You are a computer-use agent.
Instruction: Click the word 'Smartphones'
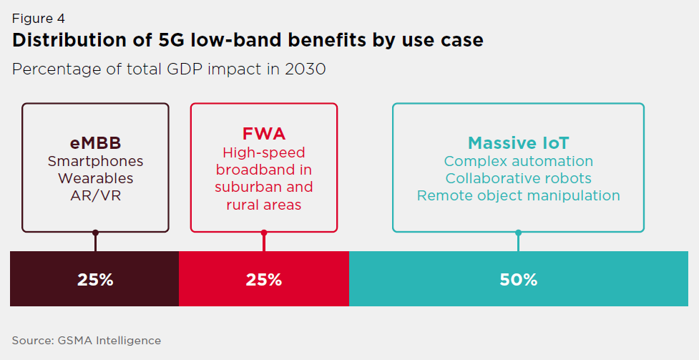(x=95, y=161)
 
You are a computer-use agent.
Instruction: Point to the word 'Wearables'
(x=95, y=177)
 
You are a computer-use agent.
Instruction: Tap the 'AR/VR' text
(x=95, y=195)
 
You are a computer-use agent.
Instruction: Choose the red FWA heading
(x=263, y=135)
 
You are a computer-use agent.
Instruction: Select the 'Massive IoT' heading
(x=518, y=142)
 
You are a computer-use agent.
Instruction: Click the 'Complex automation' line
(x=518, y=161)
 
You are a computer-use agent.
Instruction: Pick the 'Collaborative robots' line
(x=518, y=178)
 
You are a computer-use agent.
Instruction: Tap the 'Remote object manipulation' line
(x=518, y=195)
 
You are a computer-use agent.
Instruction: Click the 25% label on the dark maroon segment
(x=95, y=280)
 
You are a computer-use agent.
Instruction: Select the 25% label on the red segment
(x=263, y=280)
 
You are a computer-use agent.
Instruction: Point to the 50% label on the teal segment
(x=518, y=280)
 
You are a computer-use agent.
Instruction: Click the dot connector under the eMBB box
(x=95, y=233)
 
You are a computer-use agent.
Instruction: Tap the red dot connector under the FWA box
(x=264, y=233)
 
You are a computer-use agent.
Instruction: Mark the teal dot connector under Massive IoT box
(x=518, y=233)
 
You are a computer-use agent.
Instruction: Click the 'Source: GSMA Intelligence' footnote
(x=87, y=341)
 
